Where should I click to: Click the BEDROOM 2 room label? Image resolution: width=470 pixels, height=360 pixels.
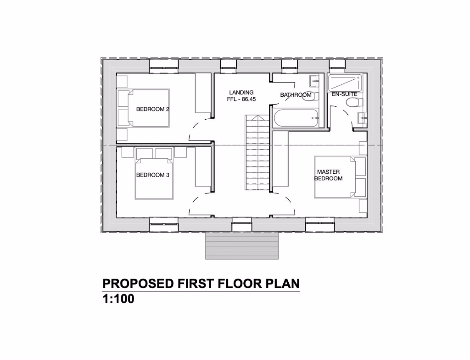[x=153, y=109]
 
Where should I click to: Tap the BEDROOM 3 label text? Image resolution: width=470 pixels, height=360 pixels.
[x=153, y=175]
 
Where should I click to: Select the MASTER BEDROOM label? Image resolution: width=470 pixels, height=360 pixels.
[x=328, y=175]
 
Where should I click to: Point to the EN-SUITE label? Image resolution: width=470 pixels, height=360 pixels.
[x=344, y=94]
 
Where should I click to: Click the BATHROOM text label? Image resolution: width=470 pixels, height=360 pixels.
[x=296, y=95]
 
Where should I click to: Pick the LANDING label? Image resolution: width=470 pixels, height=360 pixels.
[x=241, y=93]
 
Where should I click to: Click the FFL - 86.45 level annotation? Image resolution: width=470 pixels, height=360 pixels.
[x=241, y=99]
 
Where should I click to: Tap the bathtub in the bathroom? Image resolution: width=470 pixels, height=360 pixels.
[x=297, y=118]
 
